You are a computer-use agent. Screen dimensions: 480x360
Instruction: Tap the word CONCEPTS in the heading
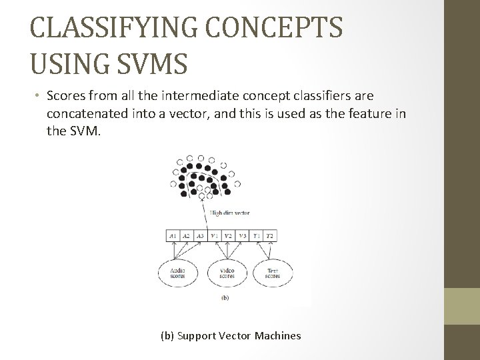[x=291, y=29]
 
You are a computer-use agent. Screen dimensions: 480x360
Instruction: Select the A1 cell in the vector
[x=173, y=235]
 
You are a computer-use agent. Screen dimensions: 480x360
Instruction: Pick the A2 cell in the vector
[x=187, y=235]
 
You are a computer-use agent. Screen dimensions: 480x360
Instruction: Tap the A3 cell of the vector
[x=200, y=235]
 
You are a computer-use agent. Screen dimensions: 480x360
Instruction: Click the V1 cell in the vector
[x=214, y=235]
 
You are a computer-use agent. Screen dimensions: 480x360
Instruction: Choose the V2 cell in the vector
[x=228, y=235]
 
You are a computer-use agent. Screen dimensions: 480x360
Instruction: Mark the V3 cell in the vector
[x=242, y=235]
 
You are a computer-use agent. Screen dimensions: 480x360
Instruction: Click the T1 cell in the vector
[x=256, y=235]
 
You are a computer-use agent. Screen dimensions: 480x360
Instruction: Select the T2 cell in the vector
[x=269, y=235]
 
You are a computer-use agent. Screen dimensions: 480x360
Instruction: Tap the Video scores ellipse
[x=226, y=273]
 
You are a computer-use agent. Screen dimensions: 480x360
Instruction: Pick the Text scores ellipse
[x=272, y=273]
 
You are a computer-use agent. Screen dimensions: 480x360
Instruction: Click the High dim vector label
[x=230, y=214]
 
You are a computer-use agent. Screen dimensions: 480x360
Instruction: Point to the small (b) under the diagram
[x=225, y=298]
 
